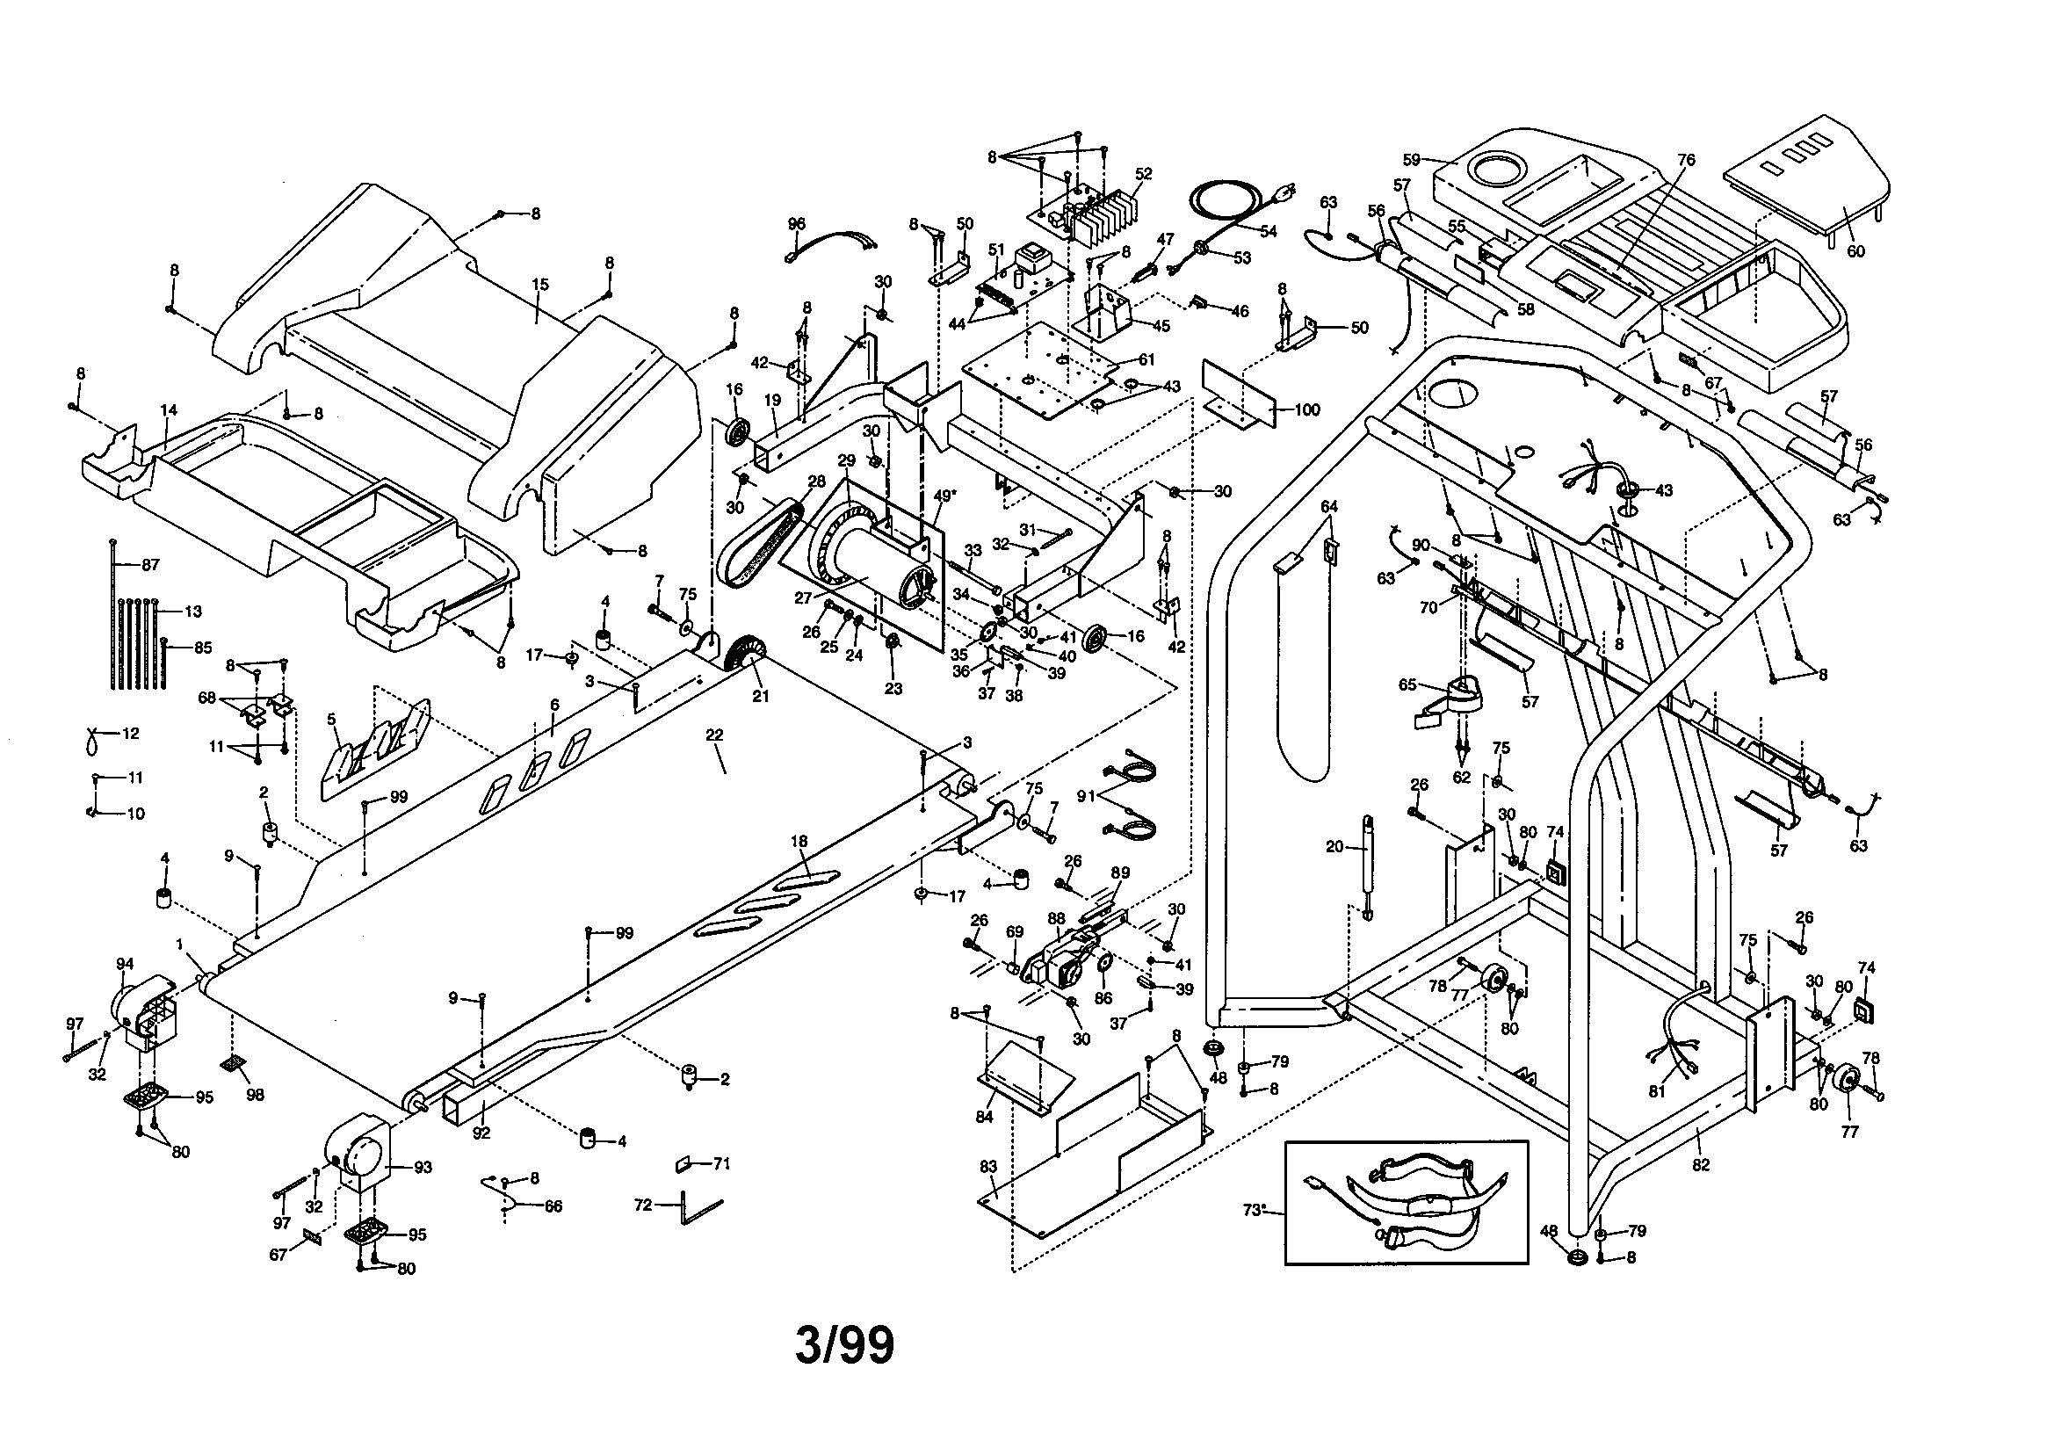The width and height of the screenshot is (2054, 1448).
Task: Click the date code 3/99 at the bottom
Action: point(844,1346)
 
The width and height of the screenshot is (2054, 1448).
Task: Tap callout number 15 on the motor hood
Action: point(539,286)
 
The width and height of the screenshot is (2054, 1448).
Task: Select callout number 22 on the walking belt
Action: point(714,735)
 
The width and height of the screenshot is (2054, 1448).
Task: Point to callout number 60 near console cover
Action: point(1855,251)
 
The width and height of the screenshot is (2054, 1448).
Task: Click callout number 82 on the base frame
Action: point(1701,1165)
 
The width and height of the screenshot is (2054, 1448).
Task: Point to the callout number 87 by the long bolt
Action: point(150,566)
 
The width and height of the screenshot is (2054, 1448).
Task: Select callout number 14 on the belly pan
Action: point(168,411)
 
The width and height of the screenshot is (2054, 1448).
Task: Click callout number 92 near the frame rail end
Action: point(481,1132)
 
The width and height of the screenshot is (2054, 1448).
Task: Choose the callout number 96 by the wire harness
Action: point(796,224)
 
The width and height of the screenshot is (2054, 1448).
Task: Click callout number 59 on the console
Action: point(1412,160)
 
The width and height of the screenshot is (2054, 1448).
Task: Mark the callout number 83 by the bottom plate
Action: point(987,1167)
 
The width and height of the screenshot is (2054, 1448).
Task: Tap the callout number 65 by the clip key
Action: point(1407,684)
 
